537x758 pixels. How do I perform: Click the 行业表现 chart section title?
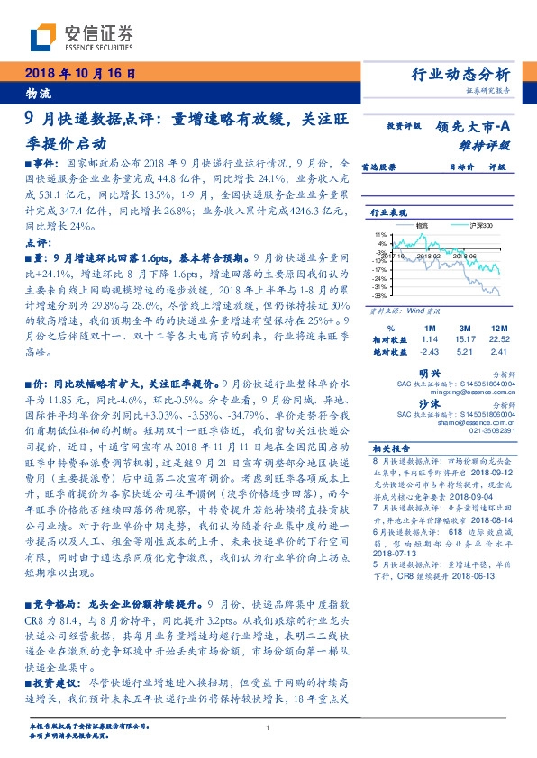(x=389, y=212)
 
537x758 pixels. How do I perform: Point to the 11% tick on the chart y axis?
(x=381, y=234)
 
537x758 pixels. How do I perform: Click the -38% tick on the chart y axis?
(x=380, y=295)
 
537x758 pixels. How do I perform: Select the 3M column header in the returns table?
(x=466, y=329)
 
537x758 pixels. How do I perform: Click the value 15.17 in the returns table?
(x=466, y=340)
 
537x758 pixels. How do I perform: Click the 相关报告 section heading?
(x=391, y=447)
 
